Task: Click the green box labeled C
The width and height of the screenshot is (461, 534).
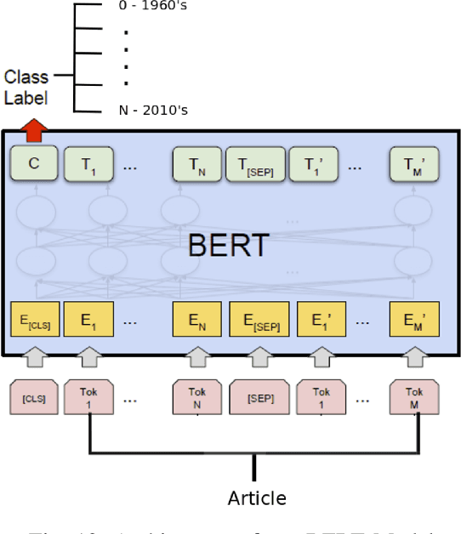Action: pyautogui.click(x=34, y=163)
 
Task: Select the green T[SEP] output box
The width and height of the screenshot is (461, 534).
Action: pyautogui.click(x=253, y=163)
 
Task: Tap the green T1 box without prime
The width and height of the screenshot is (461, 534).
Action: pyautogui.click(x=89, y=163)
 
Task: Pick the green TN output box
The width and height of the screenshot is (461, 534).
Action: pyautogui.click(x=196, y=163)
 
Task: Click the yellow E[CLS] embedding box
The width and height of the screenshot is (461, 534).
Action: pyautogui.click(x=34, y=321)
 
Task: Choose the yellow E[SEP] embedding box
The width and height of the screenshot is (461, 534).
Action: pyautogui.click(x=259, y=321)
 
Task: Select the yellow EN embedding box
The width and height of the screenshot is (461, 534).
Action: pyautogui.click(x=196, y=321)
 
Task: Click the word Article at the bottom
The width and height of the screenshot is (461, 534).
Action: pyautogui.click(x=256, y=497)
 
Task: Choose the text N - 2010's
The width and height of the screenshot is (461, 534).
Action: pyautogui.click(x=153, y=110)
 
